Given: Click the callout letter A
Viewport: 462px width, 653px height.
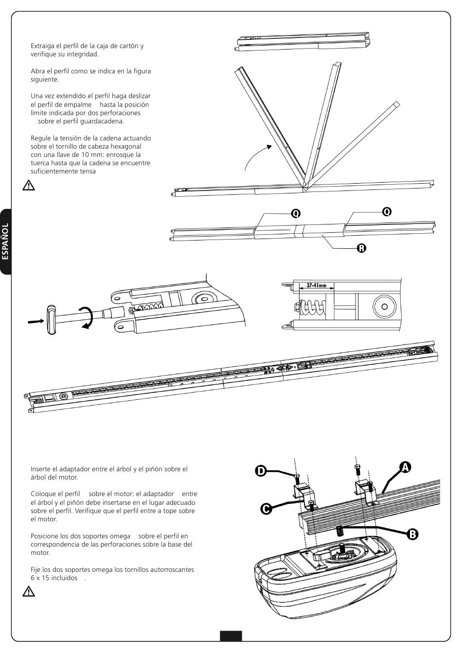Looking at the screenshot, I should point(405,466).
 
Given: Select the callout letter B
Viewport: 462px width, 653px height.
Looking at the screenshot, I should point(411,534).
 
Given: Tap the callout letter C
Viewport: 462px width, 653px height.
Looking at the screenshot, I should point(266,509).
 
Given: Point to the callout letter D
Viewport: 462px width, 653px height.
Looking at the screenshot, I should point(261,471).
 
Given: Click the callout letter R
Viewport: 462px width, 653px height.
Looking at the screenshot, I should point(361,248).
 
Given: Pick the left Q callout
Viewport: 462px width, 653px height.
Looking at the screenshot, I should point(296,213).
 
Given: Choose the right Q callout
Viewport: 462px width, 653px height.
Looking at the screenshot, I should point(387,211).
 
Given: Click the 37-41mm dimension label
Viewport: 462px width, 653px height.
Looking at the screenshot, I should point(316,286).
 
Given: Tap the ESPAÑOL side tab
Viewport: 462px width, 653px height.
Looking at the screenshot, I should point(5,241).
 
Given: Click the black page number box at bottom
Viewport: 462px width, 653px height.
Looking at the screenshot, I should point(231,636).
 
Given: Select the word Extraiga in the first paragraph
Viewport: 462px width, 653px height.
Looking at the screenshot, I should point(43,46).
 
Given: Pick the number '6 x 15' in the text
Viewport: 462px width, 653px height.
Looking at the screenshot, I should point(41,578).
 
